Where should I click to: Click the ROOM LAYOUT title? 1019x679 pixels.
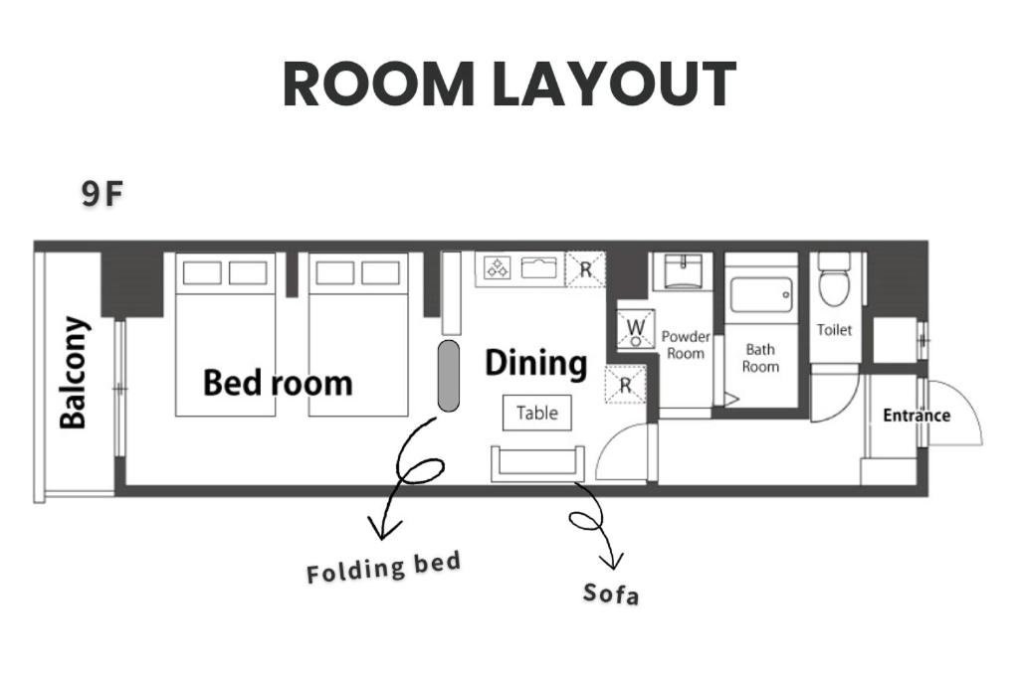tap(509, 84)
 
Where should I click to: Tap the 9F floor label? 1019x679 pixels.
tap(102, 194)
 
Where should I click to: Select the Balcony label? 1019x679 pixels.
tap(73, 373)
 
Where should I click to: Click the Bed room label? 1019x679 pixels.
tap(279, 383)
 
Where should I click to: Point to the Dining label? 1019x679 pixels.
tap(536, 363)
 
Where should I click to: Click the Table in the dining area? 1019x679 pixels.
tap(537, 413)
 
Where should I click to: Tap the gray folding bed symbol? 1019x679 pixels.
tap(449, 375)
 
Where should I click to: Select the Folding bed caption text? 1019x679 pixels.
tap(383, 567)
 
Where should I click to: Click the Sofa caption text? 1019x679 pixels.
tap(611, 594)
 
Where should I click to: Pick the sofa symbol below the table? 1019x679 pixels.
tap(537, 463)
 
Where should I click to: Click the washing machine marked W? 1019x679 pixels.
tap(636, 329)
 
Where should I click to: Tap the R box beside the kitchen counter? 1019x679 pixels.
tap(585, 268)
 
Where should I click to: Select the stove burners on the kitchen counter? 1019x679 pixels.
tap(498, 267)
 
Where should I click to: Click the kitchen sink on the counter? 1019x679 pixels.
tap(539, 267)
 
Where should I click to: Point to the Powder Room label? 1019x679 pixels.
tap(686, 345)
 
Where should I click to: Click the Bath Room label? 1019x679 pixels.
tap(760, 358)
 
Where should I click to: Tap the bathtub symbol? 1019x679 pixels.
tap(761, 295)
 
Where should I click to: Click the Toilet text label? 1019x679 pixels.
tap(834, 330)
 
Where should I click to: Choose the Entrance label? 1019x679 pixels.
tap(917, 416)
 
